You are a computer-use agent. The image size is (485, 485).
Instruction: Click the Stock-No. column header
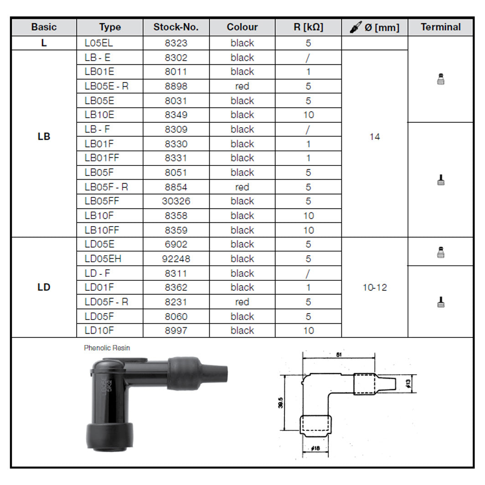[x=176, y=27]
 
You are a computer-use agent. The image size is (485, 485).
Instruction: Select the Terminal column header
[x=440, y=27]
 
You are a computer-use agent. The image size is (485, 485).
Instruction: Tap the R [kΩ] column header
[x=308, y=27]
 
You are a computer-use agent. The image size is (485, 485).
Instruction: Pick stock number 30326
[x=176, y=201]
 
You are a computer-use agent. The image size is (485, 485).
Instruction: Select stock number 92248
[x=176, y=259]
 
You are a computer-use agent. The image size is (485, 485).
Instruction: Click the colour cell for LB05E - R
[x=242, y=86]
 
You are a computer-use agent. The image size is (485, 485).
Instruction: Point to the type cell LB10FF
[x=101, y=230]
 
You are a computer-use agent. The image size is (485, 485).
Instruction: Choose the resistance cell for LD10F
[x=308, y=330]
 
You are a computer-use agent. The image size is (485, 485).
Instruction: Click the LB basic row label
[x=44, y=137]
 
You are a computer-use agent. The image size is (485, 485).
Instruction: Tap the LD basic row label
[x=44, y=288]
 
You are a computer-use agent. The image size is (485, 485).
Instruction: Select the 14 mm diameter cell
[x=374, y=137]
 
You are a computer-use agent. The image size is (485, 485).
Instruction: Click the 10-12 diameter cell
[x=374, y=288]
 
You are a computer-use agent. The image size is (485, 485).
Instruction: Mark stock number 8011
[x=176, y=72]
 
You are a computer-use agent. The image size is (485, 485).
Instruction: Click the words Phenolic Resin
[x=107, y=348]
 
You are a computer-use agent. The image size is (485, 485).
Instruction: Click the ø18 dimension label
[x=315, y=449]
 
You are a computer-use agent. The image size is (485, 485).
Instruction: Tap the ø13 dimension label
[x=408, y=383]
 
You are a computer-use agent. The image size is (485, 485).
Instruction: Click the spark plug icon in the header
[x=356, y=27]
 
